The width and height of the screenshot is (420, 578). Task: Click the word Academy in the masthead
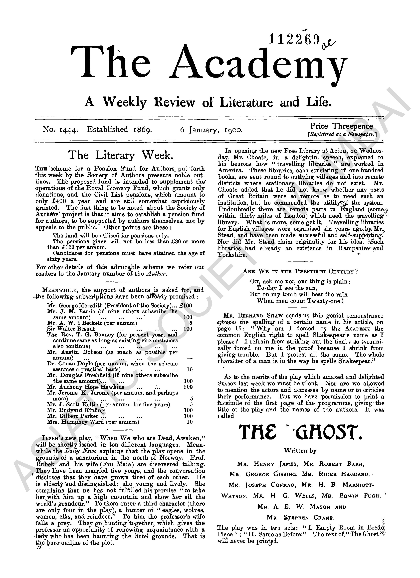click(258, 64)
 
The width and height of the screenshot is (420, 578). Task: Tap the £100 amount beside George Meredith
click(186, 305)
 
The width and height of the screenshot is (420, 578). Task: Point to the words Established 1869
click(119, 129)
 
